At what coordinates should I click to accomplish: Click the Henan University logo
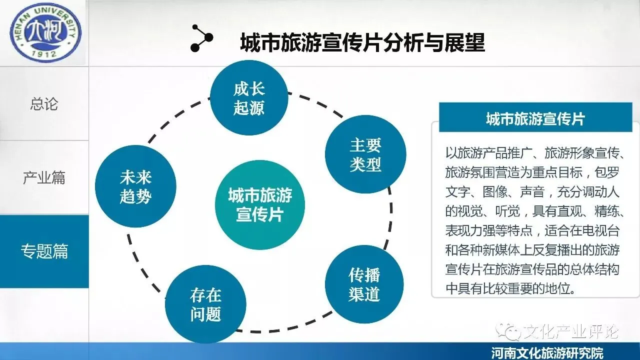tap(44, 33)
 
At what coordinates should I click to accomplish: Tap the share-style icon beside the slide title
tap(201, 38)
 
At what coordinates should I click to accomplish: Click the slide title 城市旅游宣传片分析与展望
tap(362, 43)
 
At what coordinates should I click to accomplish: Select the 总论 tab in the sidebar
tap(44, 104)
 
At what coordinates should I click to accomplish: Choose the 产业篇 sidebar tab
tap(44, 177)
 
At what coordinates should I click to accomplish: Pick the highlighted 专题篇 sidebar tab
tap(44, 251)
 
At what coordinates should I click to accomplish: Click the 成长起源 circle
tap(249, 99)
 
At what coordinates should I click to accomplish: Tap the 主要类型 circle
tap(365, 154)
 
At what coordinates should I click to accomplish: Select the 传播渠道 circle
tap(364, 284)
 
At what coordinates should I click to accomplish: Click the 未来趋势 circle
tap(135, 186)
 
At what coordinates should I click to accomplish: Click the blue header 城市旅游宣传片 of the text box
tap(535, 119)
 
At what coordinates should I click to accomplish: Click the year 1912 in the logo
tap(44, 52)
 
